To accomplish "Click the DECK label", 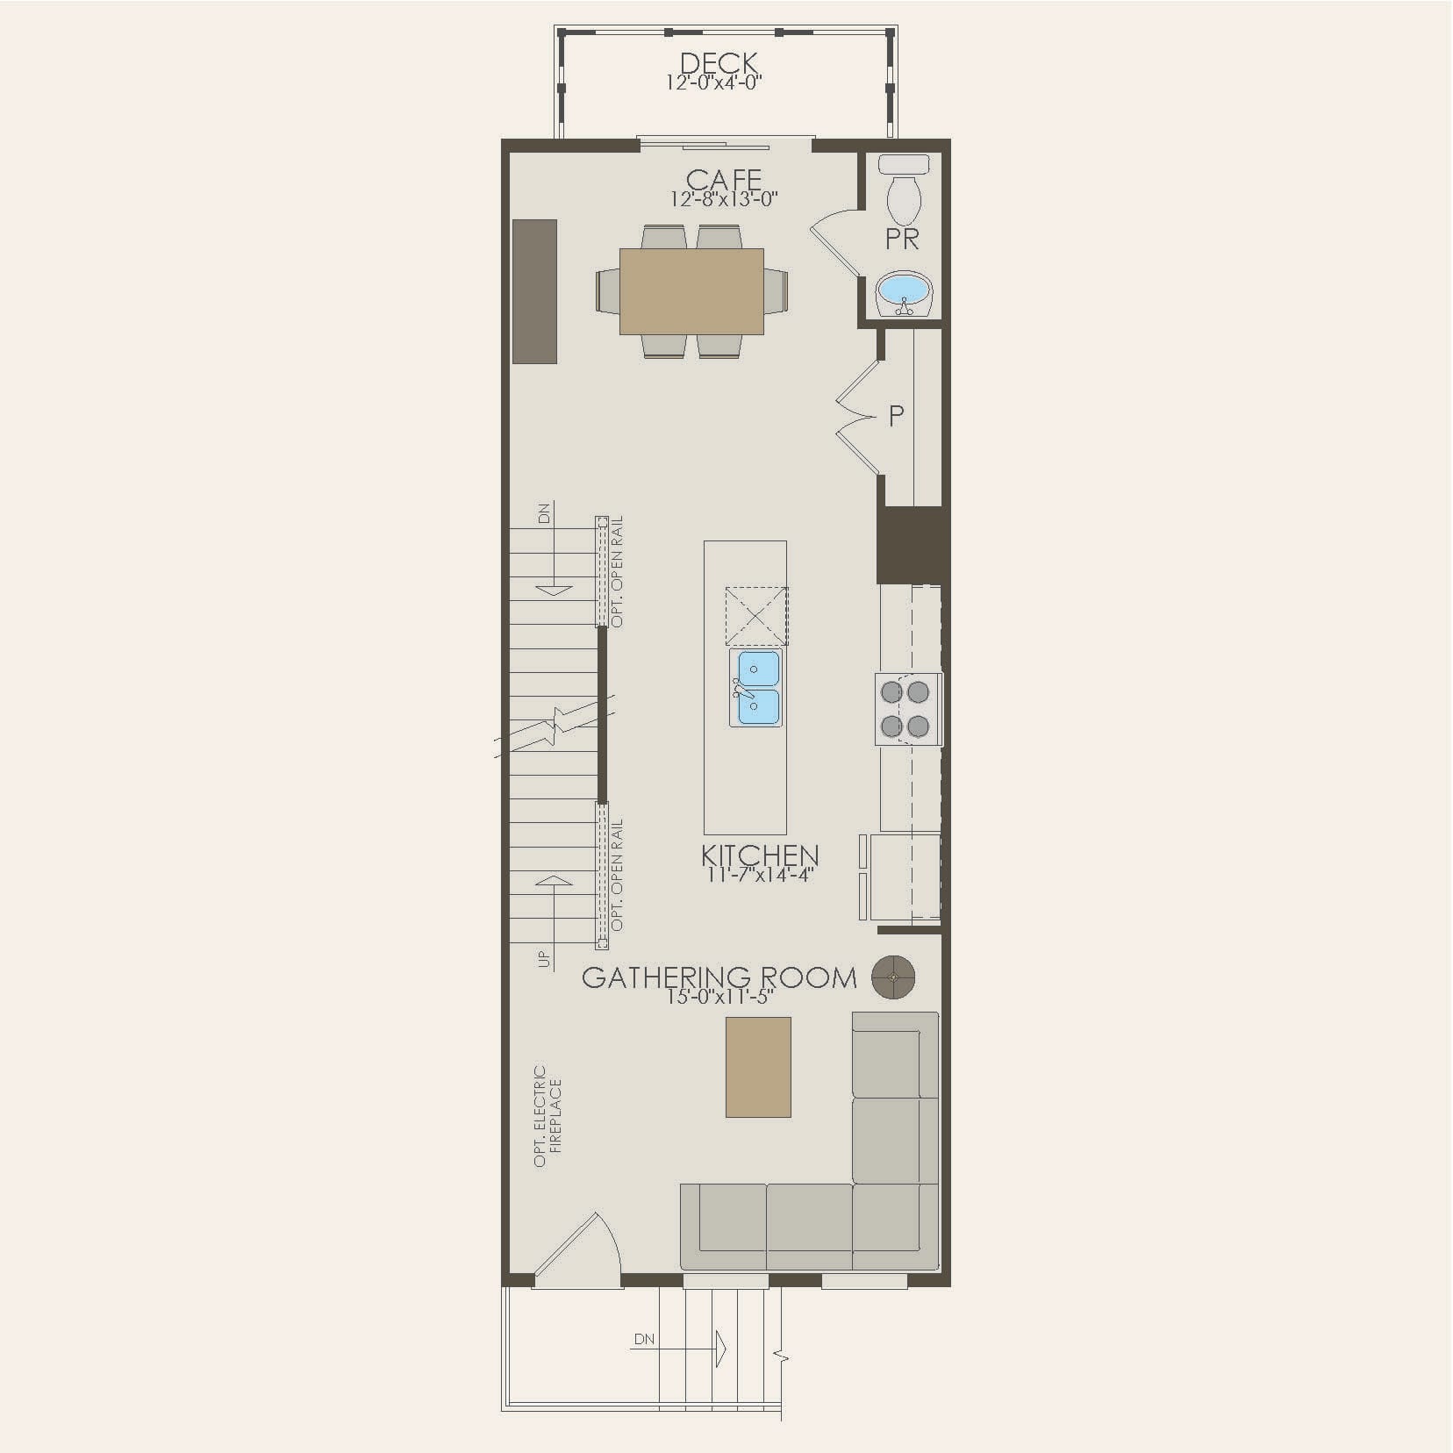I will (719, 62).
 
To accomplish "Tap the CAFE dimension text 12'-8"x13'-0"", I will (724, 199).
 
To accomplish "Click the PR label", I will (902, 240).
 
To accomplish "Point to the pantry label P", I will (896, 416).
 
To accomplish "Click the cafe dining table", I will (691, 290).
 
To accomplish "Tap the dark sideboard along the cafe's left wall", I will (534, 290).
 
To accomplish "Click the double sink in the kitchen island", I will (755, 688).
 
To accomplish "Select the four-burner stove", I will (905, 709).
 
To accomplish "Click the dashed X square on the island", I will (755, 616).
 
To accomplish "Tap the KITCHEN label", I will (760, 855).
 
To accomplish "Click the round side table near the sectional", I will (893, 977).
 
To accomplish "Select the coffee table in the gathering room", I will (758, 1067).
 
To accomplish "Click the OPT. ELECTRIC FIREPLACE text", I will (548, 1116).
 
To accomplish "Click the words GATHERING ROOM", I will (719, 977).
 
